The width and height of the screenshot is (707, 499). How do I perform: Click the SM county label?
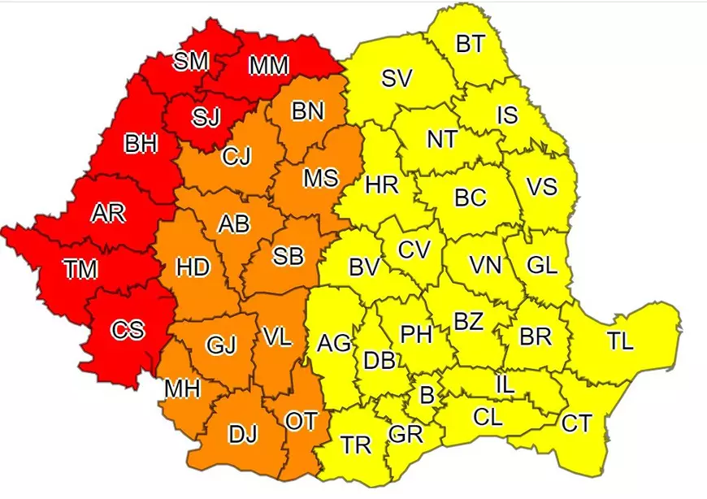(191, 62)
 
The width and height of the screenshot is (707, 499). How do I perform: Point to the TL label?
(620, 342)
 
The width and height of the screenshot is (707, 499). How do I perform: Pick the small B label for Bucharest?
(426, 396)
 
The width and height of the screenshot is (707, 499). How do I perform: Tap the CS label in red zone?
(127, 330)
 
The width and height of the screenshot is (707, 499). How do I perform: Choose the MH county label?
(182, 389)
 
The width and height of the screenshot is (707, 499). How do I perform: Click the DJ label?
(242, 435)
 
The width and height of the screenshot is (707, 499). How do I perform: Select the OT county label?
(301, 421)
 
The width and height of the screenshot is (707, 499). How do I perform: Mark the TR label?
(356, 445)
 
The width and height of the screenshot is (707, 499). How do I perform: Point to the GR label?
(406, 435)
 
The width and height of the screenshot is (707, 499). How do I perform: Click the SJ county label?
(206, 117)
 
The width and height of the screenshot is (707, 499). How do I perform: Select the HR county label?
(381, 185)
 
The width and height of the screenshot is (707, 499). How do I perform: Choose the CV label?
(413, 249)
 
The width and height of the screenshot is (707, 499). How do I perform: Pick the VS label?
(541, 186)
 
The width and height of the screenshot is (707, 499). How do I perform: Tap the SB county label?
(288, 256)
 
